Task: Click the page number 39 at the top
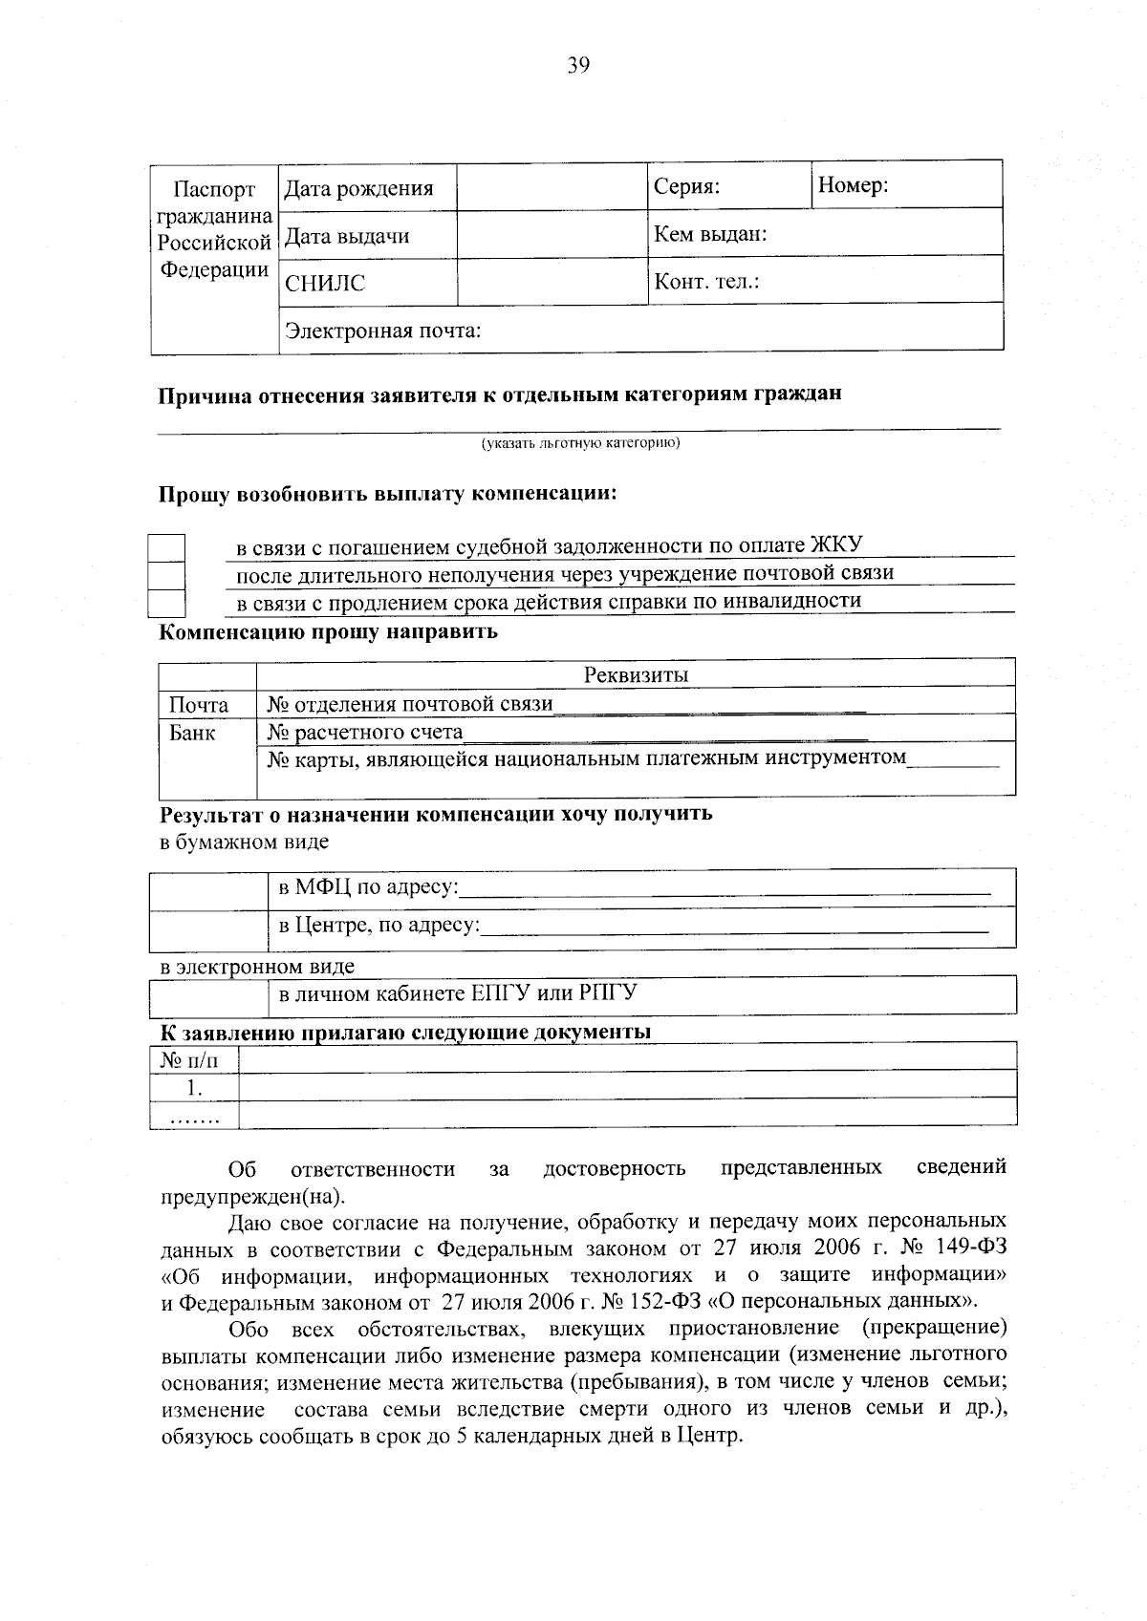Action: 578,66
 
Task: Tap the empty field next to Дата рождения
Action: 552,187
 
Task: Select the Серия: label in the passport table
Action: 686,186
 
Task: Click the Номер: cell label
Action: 853,185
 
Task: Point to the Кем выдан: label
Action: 710,234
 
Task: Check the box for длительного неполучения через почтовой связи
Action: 166,576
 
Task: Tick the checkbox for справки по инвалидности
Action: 166,604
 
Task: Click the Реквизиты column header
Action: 636,674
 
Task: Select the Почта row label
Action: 199,705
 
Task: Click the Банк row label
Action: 192,733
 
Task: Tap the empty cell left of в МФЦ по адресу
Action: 209,888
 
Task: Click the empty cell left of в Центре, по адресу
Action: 209,927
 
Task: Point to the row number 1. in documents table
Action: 194,1087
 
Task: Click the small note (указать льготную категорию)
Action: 579,443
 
